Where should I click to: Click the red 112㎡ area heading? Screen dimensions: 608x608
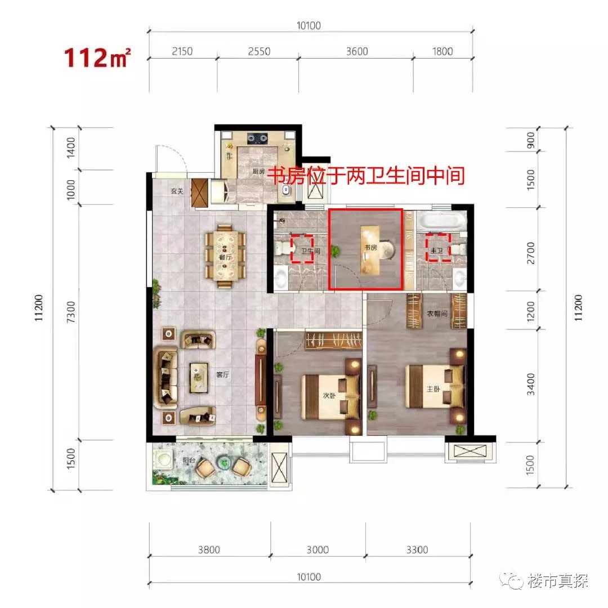coord(99,57)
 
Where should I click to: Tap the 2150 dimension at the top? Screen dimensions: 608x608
coord(181,52)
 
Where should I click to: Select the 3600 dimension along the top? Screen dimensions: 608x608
coord(356,52)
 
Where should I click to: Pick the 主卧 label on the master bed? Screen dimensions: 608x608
coord(433,388)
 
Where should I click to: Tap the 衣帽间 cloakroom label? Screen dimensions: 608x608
coord(436,314)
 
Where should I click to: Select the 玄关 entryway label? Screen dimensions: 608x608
coord(177,191)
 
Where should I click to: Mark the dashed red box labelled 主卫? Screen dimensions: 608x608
coord(437,248)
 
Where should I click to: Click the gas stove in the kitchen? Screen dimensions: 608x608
coord(258,137)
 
